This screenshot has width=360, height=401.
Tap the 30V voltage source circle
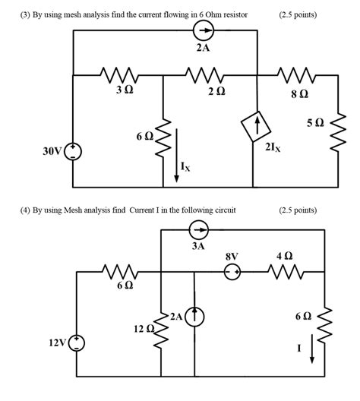pyautogui.click(x=73, y=151)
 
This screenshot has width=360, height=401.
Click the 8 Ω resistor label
pyautogui.click(x=298, y=94)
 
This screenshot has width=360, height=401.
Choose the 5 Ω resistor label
pyautogui.click(x=314, y=122)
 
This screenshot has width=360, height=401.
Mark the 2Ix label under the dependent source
pyautogui.click(x=273, y=148)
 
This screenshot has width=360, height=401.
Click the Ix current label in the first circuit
pyautogui.click(x=186, y=167)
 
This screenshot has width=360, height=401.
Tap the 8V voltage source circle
pyautogui.click(x=232, y=270)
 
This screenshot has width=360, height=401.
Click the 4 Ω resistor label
pyautogui.click(x=284, y=257)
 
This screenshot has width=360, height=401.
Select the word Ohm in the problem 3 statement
pyautogui.click(x=216, y=14)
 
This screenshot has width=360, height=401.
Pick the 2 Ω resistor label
pyautogui.click(x=216, y=90)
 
